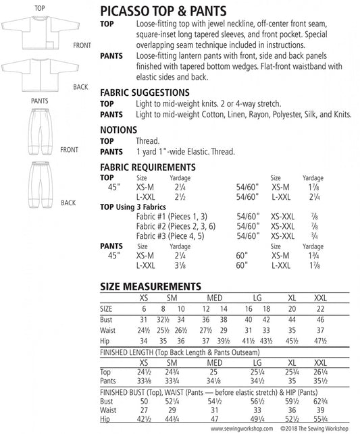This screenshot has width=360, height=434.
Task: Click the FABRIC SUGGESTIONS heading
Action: pyautogui.click(x=144, y=91)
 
